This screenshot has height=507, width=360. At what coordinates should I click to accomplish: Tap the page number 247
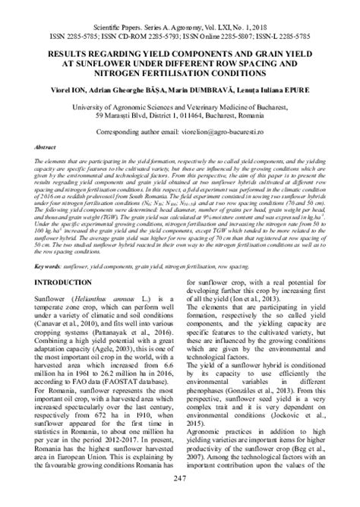pos(180,498)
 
